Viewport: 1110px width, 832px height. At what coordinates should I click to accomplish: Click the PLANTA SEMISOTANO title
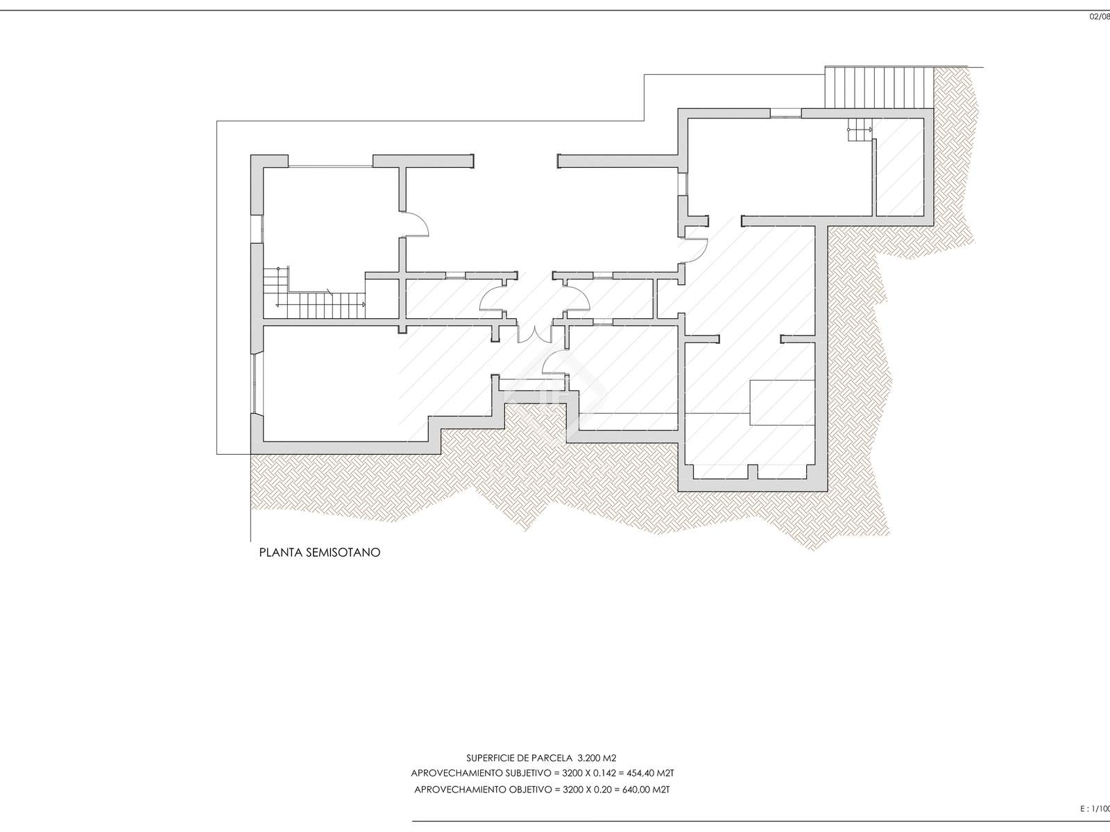click(x=320, y=553)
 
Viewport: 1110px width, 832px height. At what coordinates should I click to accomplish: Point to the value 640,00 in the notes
click(x=637, y=790)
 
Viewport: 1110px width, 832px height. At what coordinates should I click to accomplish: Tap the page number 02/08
click(x=1100, y=17)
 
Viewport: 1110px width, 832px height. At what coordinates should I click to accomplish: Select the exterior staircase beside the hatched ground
click(x=879, y=88)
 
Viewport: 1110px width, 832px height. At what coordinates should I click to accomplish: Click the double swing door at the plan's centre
click(x=534, y=334)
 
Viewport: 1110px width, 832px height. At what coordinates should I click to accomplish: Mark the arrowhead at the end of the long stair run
click(x=364, y=304)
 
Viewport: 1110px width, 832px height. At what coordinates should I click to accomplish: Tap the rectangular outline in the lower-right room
click(x=782, y=403)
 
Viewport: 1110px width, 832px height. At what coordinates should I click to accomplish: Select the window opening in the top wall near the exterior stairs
click(x=786, y=113)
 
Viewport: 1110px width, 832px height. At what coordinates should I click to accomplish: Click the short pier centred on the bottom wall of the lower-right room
click(x=753, y=471)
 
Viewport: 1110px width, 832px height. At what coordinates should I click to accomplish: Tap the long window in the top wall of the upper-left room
click(x=331, y=166)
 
